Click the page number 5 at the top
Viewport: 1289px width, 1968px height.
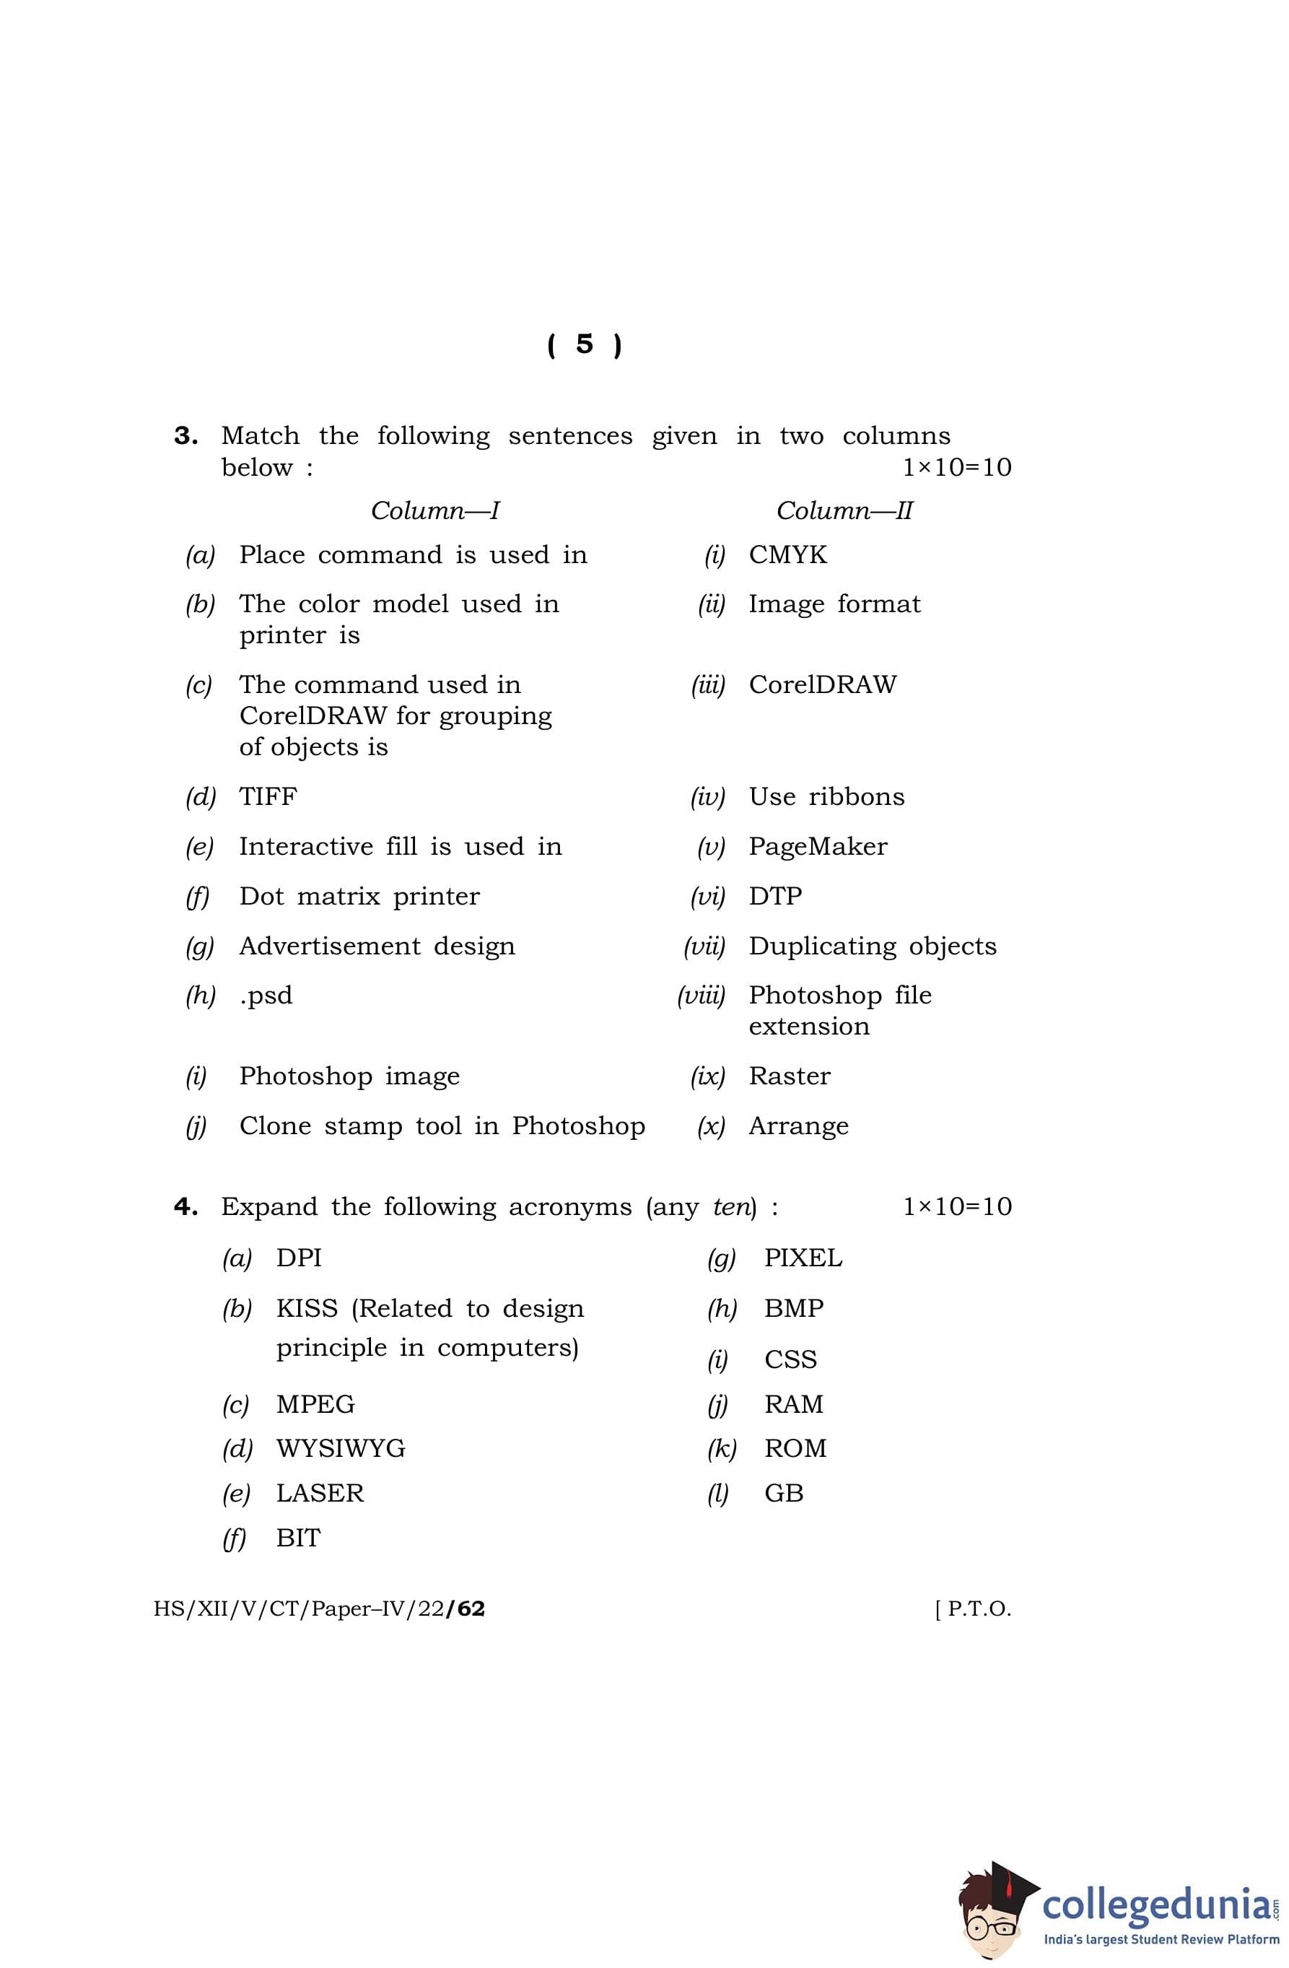click(584, 344)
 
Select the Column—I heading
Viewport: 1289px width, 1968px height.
click(435, 510)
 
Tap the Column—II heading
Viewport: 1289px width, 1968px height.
click(844, 510)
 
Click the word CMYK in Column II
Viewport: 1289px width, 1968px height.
click(787, 555)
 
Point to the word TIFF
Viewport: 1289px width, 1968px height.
click(268, 796)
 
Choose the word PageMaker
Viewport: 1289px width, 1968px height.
click(818, 847)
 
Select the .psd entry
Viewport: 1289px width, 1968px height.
click(266, 996)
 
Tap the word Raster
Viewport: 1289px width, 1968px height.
click(790, 1076)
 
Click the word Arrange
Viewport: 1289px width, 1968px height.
click(799, 1126)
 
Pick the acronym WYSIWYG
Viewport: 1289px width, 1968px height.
click(341, 1449)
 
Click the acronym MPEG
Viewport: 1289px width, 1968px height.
click(315, 1404)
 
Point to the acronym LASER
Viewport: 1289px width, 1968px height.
click(320, 1494)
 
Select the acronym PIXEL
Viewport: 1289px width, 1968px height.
click(803, 1258)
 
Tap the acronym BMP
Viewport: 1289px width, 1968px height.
click(794, 1308)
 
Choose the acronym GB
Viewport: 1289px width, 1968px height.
click(784, 1494)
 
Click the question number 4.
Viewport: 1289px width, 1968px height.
click(185, 1207)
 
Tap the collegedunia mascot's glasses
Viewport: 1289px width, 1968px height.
click(992, 1926)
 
